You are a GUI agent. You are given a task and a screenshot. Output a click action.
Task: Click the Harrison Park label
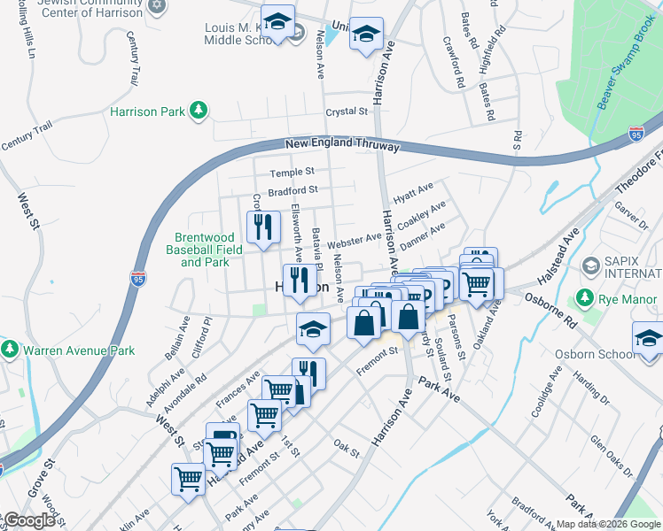(147, 112)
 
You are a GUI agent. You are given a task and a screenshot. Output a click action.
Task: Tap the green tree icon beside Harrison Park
(202, 110)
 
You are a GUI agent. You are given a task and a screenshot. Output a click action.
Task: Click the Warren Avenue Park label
(79, 350)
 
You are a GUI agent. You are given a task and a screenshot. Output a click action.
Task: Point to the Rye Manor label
(629, 299)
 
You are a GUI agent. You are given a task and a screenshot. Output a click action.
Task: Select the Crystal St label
(346, 112)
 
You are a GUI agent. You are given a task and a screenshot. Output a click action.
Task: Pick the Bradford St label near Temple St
(292, 190)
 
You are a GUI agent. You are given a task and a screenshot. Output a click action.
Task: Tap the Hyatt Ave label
(413, 189)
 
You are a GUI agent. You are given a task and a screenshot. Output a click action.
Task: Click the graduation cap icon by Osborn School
(648, 338)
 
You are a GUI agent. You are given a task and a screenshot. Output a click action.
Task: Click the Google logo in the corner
(28, 520)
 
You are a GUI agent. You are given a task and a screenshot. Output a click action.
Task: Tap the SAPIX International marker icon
(590, 265)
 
